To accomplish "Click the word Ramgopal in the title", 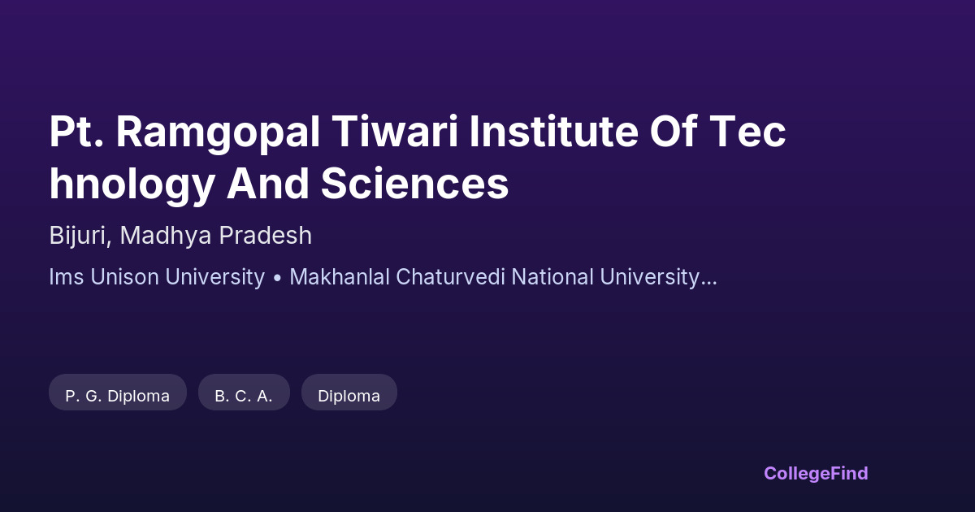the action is [218, 132].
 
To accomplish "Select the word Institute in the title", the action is [553, 131].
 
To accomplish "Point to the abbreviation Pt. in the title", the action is [76, 131].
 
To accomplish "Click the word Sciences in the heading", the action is [415, 184].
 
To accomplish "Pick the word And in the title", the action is [267, 183].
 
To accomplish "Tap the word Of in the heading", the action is [674, 131].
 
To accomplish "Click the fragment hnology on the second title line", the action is [132, 185].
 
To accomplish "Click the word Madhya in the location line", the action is [166, 236].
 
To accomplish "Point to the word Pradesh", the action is [266, 236].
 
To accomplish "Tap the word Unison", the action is [124, 277].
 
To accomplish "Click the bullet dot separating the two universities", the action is [277, 279].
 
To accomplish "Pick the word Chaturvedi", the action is [450, 277].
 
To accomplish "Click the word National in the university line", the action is [552, 277].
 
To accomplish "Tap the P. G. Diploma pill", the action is [118, 393].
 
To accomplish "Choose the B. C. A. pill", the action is [244, 393].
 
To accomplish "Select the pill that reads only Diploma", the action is [349, 393].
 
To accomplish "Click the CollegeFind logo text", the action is [816, 474].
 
